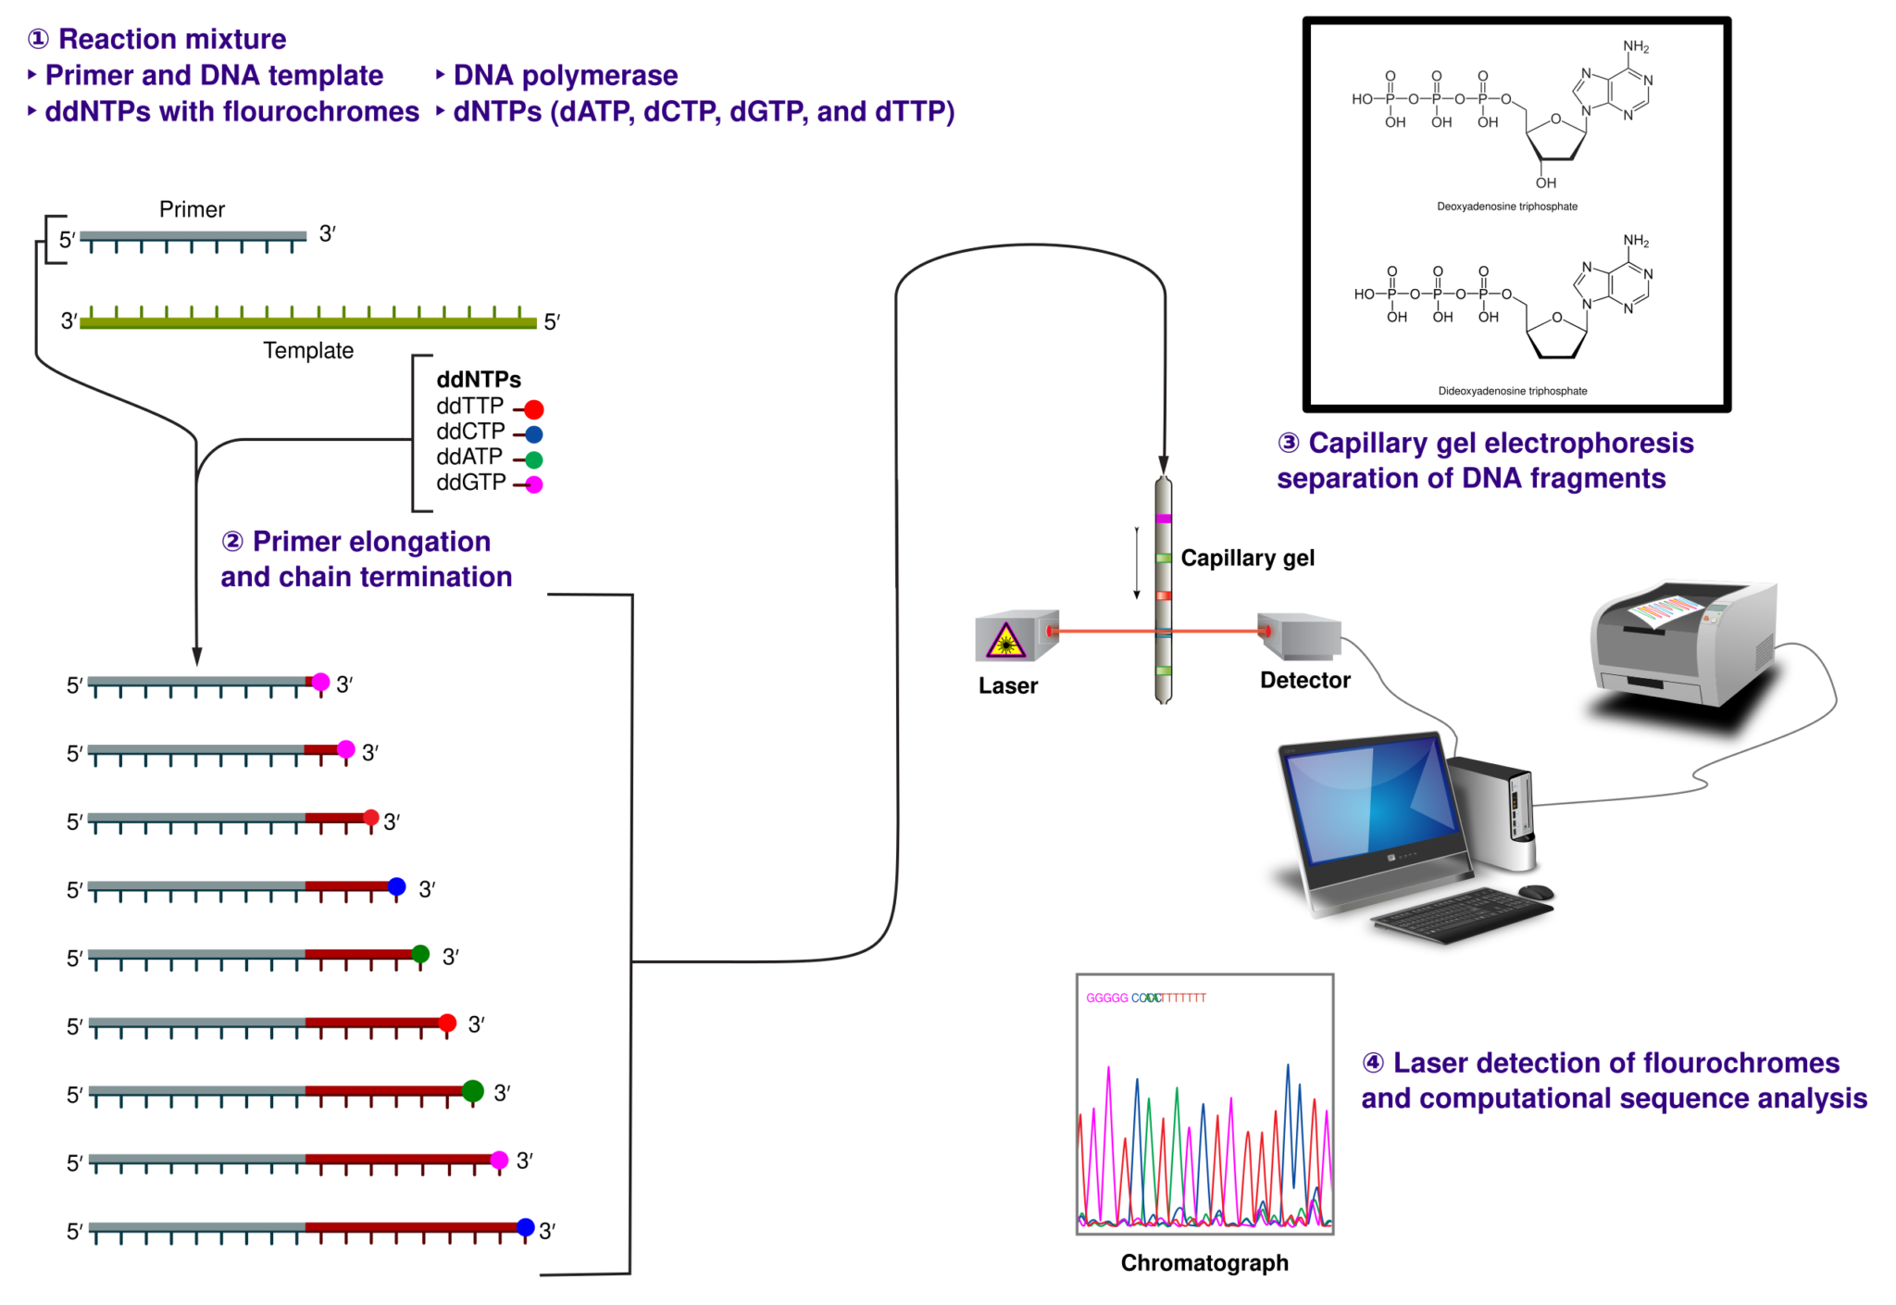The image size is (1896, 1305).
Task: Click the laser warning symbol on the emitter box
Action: (1005, 641)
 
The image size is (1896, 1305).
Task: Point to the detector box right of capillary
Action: (1300, 635)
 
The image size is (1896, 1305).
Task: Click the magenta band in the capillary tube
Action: (1164, 520)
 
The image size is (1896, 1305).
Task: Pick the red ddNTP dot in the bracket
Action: (534, 409)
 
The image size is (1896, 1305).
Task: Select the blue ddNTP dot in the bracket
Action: (534, 434)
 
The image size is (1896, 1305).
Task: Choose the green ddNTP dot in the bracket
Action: (534, 459)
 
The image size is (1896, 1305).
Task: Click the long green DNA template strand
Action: (307, 322)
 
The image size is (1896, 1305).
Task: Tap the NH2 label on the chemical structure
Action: (1636, 47)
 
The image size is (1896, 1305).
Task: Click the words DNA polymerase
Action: (565, 76)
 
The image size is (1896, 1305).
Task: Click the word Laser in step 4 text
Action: (1431, 1063)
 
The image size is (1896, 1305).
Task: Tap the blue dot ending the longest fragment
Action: (526, 1227)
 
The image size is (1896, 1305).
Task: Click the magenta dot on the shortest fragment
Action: (320, 682)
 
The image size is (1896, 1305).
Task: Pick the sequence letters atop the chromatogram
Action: (1146, 998)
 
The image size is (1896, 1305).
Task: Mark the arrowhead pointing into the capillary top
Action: (1164, 464)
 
